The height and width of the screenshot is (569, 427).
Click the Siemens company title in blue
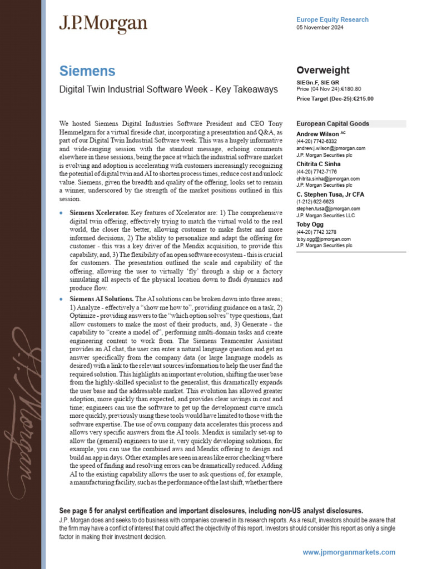pyautogui.click(x=87, y=71)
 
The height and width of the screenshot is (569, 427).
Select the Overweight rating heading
pyautogui.click(x=323, y=70)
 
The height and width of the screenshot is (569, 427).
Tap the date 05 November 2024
pyautogui.click(x=320, y=27)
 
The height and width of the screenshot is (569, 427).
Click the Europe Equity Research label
pyautogui.click(x=332, y=19)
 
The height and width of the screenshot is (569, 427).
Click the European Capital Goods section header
pyautogui.click(x=332, y=123)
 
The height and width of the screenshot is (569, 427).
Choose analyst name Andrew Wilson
pyautogui.click(x=317, y=134)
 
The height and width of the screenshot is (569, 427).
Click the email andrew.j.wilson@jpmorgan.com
pyautogui.click(x=331, y=148)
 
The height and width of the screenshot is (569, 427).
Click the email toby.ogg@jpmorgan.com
pyautogui.click(x=324, y=239)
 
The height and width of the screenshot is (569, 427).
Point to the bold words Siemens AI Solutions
pyautogui.click(x=102, y=298)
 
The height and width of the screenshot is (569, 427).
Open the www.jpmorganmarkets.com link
pyautogui.click(x=349, y=552)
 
